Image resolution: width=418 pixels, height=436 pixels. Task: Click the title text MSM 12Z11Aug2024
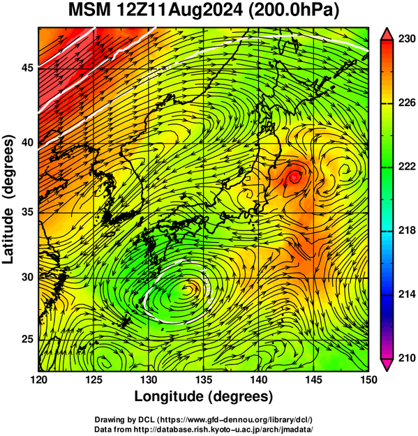tap(156, 10)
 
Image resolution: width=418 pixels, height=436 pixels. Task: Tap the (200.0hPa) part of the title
tap(294, 10)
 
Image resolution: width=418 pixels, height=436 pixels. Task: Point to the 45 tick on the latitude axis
tap(27, 68)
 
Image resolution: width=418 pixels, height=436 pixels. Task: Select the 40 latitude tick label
tap(27, 143)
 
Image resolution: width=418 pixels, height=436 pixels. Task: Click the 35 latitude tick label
tap(27, 212)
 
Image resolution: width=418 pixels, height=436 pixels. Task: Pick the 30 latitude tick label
tap(27, 277)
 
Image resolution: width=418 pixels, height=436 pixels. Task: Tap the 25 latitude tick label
tap(27, 340)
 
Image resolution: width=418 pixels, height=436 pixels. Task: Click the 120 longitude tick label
tap(38, 379)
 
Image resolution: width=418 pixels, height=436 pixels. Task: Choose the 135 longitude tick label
tap(204, 379)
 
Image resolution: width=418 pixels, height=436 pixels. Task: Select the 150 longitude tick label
tap(368, 379)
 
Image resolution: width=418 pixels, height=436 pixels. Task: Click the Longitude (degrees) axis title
tap(203, 397)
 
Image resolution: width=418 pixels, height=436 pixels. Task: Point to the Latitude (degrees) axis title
tap(8, 199)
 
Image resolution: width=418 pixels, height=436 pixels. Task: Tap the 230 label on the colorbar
tap(407, 39)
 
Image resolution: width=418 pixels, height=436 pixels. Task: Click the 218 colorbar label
tap(407, 230)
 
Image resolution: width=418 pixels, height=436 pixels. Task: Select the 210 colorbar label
tap(407, 358)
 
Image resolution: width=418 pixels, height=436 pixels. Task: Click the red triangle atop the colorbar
tap(387, 34)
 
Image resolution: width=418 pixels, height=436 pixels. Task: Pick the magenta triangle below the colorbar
tap(387, 364)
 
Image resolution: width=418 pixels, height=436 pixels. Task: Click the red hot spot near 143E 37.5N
tap(294, 177)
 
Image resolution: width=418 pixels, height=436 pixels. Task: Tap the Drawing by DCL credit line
tap(204, 419)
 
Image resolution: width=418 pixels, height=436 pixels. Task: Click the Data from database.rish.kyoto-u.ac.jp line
tap(204, 429)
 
